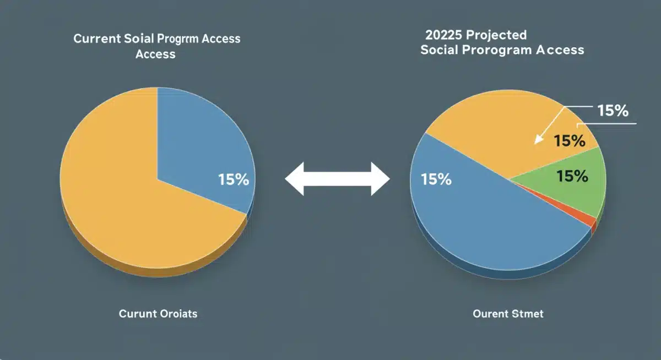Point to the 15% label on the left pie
click(234, 179)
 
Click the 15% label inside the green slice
click(572, 176)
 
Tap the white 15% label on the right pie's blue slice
click(436, 179)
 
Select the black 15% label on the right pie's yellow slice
click(569, 141)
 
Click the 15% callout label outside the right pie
click(613, 111)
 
